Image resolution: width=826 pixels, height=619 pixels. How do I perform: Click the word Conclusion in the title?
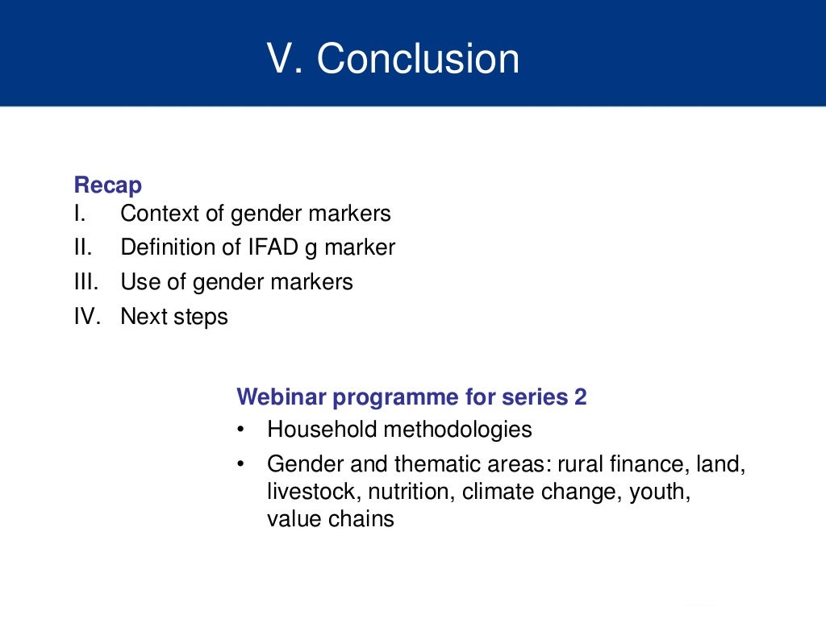click(x=418, y=59)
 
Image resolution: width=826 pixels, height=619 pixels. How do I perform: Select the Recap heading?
click(x=108, y=185)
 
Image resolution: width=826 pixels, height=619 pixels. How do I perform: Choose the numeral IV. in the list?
click(x=86, y=317)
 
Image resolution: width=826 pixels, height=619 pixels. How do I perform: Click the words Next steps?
click(x=174, y=317)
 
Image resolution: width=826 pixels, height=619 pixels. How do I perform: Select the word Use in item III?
click(x=136, y=282)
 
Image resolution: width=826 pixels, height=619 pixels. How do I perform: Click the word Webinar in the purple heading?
click(x=281, y=397)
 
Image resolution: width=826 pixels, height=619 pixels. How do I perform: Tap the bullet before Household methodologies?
click(x=242, y=430)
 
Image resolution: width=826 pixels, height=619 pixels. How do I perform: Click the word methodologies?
click(x=457, y=430)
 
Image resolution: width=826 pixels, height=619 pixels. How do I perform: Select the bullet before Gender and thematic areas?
click(x=242, y=465)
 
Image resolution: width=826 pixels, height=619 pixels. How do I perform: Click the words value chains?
click(x=331, y=518)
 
